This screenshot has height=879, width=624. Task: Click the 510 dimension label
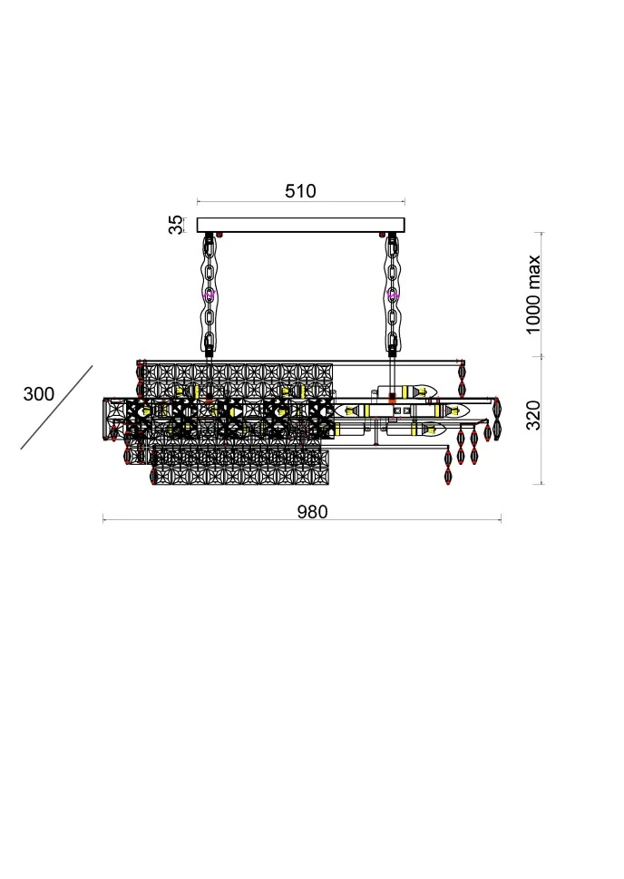coord(300,191)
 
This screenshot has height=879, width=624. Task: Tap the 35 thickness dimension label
coord(176,225)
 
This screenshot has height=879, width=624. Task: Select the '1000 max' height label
coord(532,295)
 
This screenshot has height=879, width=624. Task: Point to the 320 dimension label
coord(533,415)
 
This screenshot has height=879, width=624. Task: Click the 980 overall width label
coord(312,512)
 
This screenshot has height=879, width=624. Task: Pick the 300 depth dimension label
coord(39,394)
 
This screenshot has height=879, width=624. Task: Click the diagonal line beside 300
coord(56,408)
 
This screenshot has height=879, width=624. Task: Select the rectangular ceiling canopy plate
coord(301,225)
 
